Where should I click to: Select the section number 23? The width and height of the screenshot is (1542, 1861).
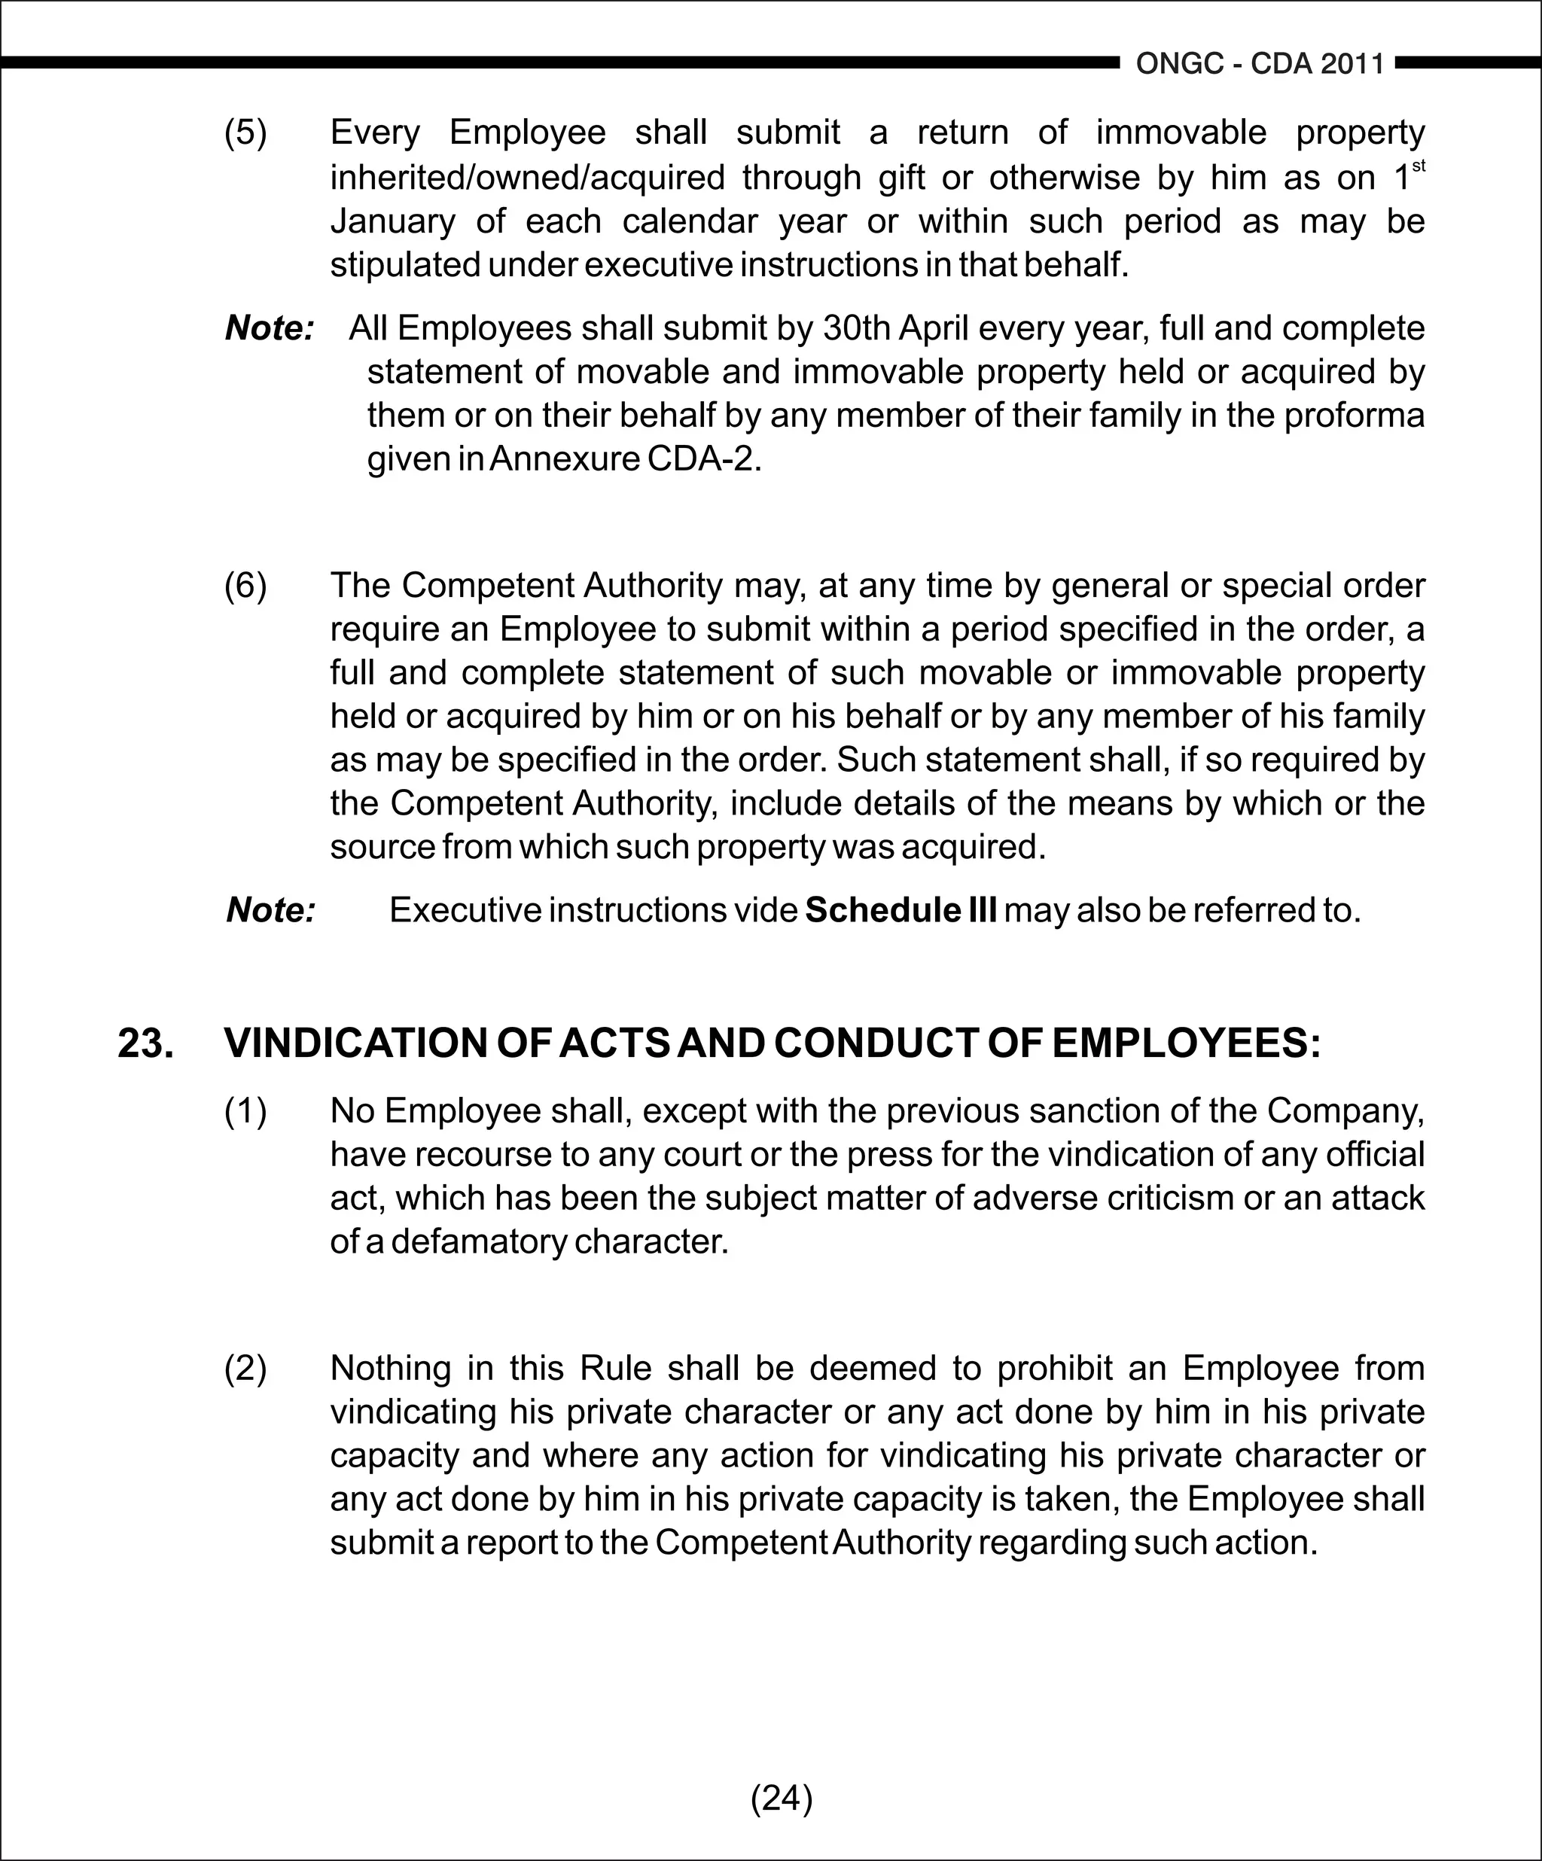click(145, 1044)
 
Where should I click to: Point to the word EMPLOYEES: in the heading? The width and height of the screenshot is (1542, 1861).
click(1186, 1044)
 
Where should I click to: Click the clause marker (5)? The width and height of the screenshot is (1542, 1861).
click(245, 133)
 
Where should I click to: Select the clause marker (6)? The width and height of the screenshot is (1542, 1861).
click(245, 586)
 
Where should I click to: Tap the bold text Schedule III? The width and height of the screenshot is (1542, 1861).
click(901, 910)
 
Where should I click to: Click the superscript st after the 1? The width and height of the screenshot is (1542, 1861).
click(1418, 166)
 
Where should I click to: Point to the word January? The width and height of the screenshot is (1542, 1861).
click(392, 221)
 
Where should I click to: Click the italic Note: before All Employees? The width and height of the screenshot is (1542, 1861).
click(270, 329)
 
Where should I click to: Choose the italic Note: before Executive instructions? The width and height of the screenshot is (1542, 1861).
click(270, 910)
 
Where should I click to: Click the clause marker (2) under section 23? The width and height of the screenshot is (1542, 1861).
click(245, 1369)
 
